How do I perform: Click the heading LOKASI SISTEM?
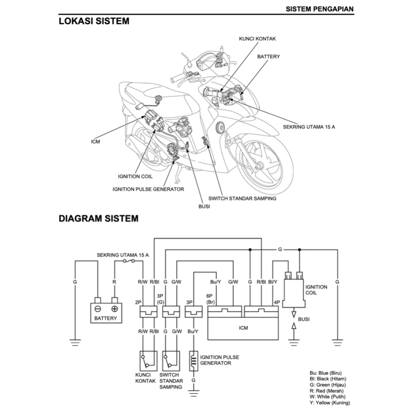[x=94, y=21]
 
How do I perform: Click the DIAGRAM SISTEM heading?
[x=98, y=219]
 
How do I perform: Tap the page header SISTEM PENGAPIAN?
[x=319, y=8]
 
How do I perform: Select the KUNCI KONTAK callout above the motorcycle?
[x=257, y=39]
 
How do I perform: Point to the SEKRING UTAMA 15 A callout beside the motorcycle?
[x=309, y=127]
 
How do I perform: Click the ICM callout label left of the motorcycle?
[x=96, y=142]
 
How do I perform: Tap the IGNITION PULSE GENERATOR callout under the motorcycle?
[x=148, y=189]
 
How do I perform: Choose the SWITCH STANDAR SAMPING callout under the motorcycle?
[x=242, y=198]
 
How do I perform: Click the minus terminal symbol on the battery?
[x=98, y=309]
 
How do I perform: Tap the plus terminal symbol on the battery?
[x=114, y=309]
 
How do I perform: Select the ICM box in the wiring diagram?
[x=243, y=328]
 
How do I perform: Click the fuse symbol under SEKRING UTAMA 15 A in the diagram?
[x=128, y=261]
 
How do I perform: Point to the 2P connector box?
[x=148, y=311]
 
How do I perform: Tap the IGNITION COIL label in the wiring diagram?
[x=316, y=290]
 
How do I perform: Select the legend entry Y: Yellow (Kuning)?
[x=327, y=403]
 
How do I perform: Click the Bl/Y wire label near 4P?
[x=273, y=282]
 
